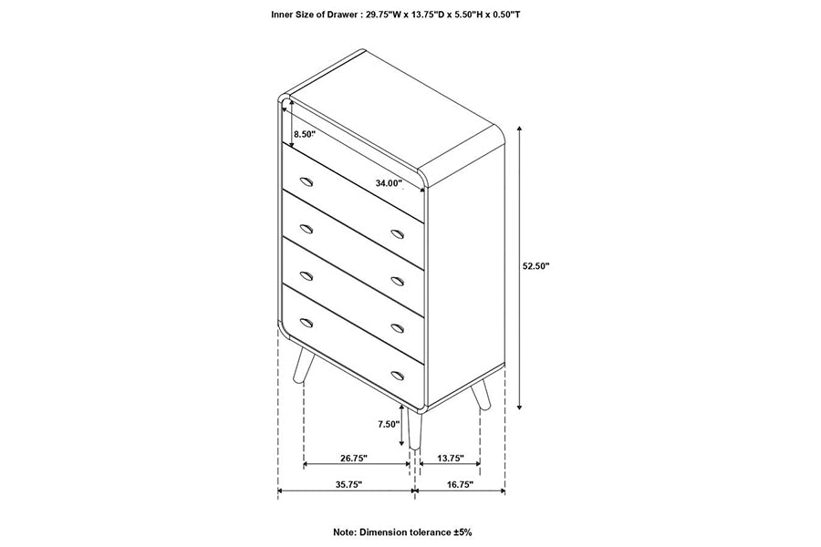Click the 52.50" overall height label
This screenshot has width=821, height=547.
pos(535,266)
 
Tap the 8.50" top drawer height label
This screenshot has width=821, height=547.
pos(304,134)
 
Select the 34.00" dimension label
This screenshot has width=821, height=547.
pos(389,183)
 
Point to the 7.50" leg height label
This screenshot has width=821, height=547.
pos(389,425)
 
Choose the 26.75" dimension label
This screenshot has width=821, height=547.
pos(354,458)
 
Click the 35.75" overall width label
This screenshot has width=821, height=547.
pos(348,485)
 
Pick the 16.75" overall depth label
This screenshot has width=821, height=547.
pos(461,485)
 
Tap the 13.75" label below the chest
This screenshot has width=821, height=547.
pos(451,458)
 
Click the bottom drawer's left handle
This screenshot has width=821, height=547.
pos(307,322)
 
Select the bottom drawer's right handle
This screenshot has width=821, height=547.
pos(398,375)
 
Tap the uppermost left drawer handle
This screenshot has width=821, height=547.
pos(307,181)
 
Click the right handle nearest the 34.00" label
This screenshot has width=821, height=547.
pos(398,233)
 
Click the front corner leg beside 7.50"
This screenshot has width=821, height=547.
pos(415,428)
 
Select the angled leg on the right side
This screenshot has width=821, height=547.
pos(481,394)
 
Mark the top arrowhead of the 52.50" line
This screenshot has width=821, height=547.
pos(519,129)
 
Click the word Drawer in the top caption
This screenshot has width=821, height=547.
pos(335,15)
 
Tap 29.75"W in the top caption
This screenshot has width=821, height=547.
pos(383,15)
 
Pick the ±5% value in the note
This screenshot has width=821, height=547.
pos(462,532)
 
